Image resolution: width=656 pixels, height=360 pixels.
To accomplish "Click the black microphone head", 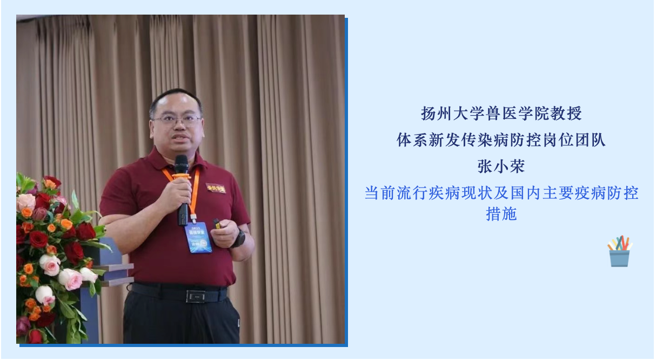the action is coord(181,164).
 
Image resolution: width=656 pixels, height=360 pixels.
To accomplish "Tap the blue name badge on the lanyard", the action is coord(198,237).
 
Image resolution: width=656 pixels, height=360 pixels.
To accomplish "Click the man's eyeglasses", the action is coord(177,119).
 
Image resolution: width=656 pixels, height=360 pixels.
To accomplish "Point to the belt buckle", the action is coord(196,296).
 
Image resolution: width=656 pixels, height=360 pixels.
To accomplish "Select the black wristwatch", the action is coord(239,238).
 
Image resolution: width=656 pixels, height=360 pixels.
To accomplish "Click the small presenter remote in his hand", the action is coord(217,224).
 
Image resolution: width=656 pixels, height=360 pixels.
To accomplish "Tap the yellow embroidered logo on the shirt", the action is coord(216,188).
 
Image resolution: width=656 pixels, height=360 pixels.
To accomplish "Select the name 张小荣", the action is coord(501,166).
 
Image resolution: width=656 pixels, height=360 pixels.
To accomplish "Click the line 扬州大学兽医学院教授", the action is coord(501,114).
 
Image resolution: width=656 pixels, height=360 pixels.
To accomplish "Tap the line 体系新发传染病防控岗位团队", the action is coord(501,139).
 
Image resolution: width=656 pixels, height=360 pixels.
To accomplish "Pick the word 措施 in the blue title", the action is coord(501,214).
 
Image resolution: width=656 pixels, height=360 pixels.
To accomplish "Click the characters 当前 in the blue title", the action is coord(379,193).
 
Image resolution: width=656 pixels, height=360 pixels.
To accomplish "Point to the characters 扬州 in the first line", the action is coord(437,114).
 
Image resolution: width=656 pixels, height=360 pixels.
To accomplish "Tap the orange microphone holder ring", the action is coord(182,176).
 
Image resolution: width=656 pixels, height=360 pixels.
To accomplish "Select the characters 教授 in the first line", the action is coord(566,114).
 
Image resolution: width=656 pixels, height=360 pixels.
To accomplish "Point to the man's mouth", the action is coord(180,137).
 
